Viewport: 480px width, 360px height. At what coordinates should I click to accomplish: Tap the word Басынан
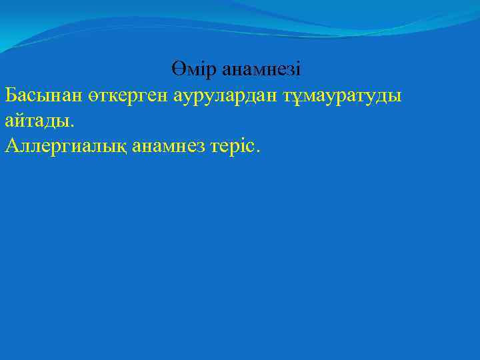[x=43, y=95]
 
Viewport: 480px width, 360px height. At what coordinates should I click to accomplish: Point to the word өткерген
[x=127, y=95]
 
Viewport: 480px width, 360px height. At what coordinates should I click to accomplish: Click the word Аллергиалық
[x=65, y=146]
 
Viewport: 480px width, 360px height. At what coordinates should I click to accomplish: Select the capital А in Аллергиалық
[x=11, y=146]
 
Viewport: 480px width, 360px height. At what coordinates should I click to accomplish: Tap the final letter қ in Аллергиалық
[x=122, y=147]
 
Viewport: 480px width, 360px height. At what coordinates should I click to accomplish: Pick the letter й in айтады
[x=19, y=121]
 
